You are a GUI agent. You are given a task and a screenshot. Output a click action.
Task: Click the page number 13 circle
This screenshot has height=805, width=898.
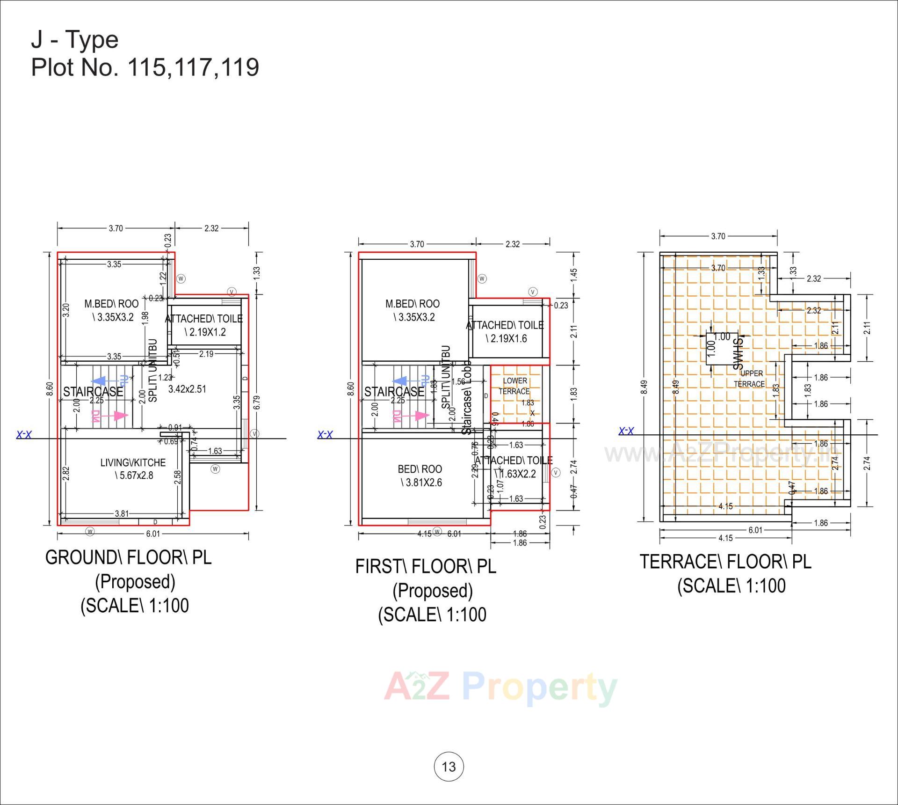coord(449,767)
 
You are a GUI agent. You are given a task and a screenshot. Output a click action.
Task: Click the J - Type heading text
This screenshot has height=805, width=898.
coord(75,39)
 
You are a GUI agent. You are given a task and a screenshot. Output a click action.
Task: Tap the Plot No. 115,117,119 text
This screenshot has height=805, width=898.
coord(145,67)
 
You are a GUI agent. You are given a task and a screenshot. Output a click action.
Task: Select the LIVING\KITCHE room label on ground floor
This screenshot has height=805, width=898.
coord(133,468)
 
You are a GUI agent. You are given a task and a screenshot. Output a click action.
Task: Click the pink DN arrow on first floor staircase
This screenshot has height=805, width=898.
coord(411,416)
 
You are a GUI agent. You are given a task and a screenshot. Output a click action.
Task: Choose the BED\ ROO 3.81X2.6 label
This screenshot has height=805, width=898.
coord(420,476)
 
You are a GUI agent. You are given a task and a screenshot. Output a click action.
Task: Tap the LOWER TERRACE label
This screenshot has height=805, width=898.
coord(514,386)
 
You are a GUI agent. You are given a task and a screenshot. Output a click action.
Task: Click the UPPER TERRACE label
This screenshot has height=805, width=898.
coord(750,379)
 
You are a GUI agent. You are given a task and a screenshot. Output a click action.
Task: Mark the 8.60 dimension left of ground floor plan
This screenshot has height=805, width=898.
coord(50,389)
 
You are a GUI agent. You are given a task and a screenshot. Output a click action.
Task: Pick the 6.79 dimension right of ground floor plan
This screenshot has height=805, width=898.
coord(256,402)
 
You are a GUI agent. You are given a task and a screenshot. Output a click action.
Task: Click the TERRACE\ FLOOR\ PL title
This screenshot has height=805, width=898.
coord(725,562)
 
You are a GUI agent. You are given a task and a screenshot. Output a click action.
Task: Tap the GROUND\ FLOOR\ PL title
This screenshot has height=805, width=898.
coord(129,557)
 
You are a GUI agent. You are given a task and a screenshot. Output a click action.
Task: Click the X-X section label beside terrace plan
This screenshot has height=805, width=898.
coord(626,431)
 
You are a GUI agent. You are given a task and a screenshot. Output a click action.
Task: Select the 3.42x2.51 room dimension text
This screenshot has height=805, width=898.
coord(187,389)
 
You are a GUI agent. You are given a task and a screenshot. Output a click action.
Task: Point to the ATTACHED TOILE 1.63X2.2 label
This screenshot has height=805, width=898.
coord(514,467)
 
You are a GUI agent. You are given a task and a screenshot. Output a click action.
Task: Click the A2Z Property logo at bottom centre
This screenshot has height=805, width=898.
coord(500,688)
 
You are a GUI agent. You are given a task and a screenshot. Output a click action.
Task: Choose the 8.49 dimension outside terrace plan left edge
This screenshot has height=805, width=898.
coord(644,387)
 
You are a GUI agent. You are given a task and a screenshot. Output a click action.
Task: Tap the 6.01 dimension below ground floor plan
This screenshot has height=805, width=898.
coord(153,534)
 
